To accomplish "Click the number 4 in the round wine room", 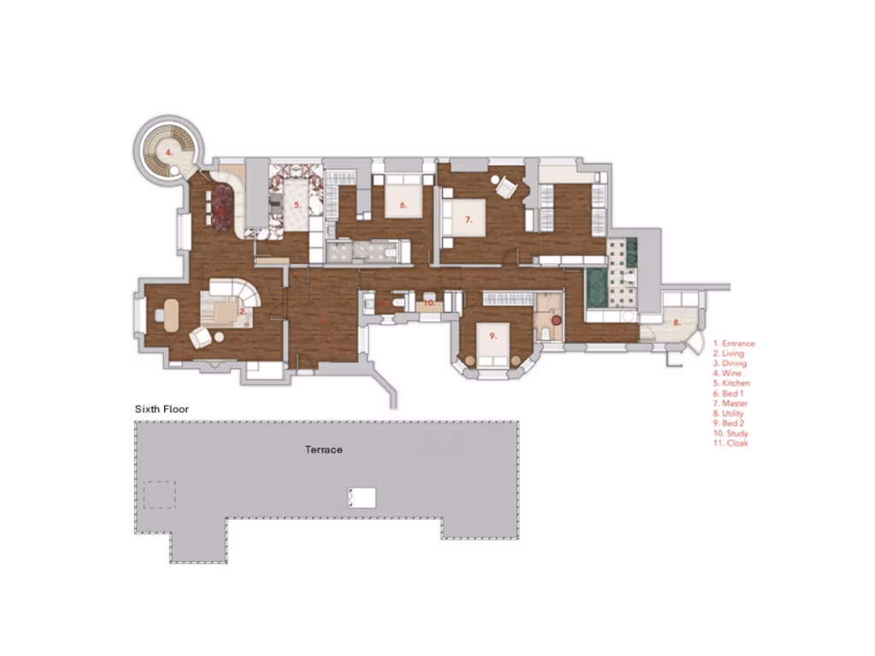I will pos(169,152).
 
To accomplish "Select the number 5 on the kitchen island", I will pos(297,205).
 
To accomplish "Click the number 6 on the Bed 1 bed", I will pos(402,205).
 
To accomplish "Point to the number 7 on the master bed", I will pos(468,220).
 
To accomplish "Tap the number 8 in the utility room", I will pos(677,322).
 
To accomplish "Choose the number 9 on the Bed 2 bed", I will pos(493,337).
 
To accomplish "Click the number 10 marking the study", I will pos(430,302).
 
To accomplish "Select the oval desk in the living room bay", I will pos(167,314).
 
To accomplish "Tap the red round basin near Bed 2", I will pos(556,319).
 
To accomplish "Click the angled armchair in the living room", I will pos(200,338).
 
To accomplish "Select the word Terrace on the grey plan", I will pos(324,448).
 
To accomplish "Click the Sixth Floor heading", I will pos(161,409).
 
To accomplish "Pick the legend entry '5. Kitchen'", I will pos(731,384).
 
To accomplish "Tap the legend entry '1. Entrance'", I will pos(734,343).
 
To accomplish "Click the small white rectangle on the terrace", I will pos(361,497).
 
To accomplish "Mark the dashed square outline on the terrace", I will pos(159,495).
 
